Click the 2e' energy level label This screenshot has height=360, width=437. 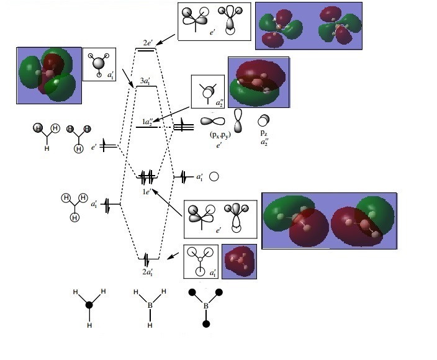147,43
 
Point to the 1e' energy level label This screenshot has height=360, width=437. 146,192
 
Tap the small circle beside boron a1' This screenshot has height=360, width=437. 214,177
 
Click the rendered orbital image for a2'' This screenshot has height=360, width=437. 258,83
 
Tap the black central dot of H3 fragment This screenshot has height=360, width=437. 89,305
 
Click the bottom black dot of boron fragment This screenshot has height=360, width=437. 205,324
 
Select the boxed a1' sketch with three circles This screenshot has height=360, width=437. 200,262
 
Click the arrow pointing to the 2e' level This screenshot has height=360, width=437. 165,39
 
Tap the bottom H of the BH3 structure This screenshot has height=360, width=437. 150,325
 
